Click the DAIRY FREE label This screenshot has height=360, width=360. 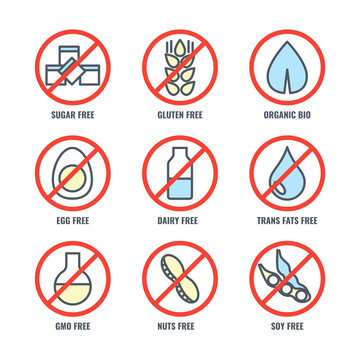point(180,212)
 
